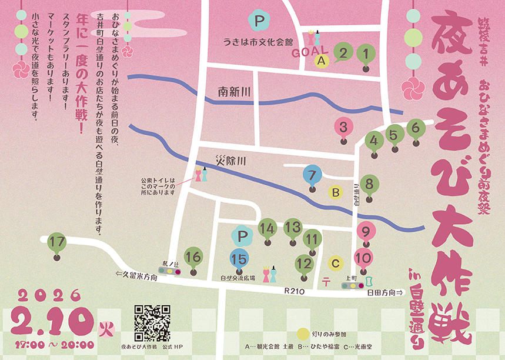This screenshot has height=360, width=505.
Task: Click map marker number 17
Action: pyautogui.click(x=57, y=242)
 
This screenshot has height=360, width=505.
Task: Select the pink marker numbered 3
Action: pyautogui.click(x=344, y=127)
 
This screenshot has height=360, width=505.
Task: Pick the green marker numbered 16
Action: pyautogui.click(x=193, y=257)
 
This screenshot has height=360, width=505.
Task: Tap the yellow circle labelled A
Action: pyautogui.click(x=321, y=59)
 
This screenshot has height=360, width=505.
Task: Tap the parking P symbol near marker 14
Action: pyautogui.click(x=241, y=236)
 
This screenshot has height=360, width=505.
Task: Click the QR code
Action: pyautogui.click(x=152, y=322)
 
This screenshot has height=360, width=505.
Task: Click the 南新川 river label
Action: pyautogui.click(x=234, y=92)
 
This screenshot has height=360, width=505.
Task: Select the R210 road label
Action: pyautogui.click(x=293, y=291)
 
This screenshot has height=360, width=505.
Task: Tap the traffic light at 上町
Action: pyautogui.click(x=352, y=285)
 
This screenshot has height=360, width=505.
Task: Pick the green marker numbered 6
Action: pyautogui.click(x=416, y=128)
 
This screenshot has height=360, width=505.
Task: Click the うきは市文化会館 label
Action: pyautogui.click(x=258, y=42)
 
